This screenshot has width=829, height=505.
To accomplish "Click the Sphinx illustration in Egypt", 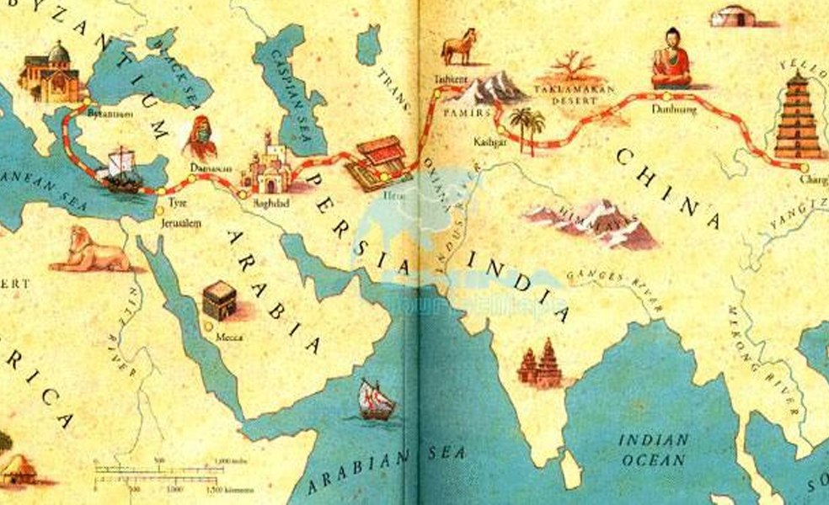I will point(88,249).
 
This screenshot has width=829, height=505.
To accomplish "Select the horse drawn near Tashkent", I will point(459,47).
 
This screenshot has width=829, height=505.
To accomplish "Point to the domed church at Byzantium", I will point(51,74).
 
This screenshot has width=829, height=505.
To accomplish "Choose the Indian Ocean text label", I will point(654,450).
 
